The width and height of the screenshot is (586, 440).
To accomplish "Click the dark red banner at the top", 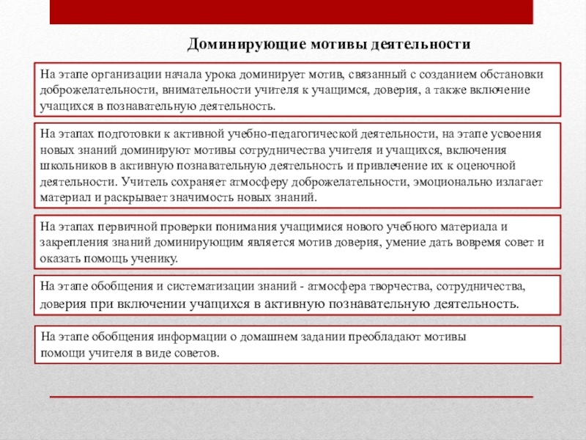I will coord(292,11).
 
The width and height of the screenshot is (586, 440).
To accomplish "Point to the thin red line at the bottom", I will coord(292,396).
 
